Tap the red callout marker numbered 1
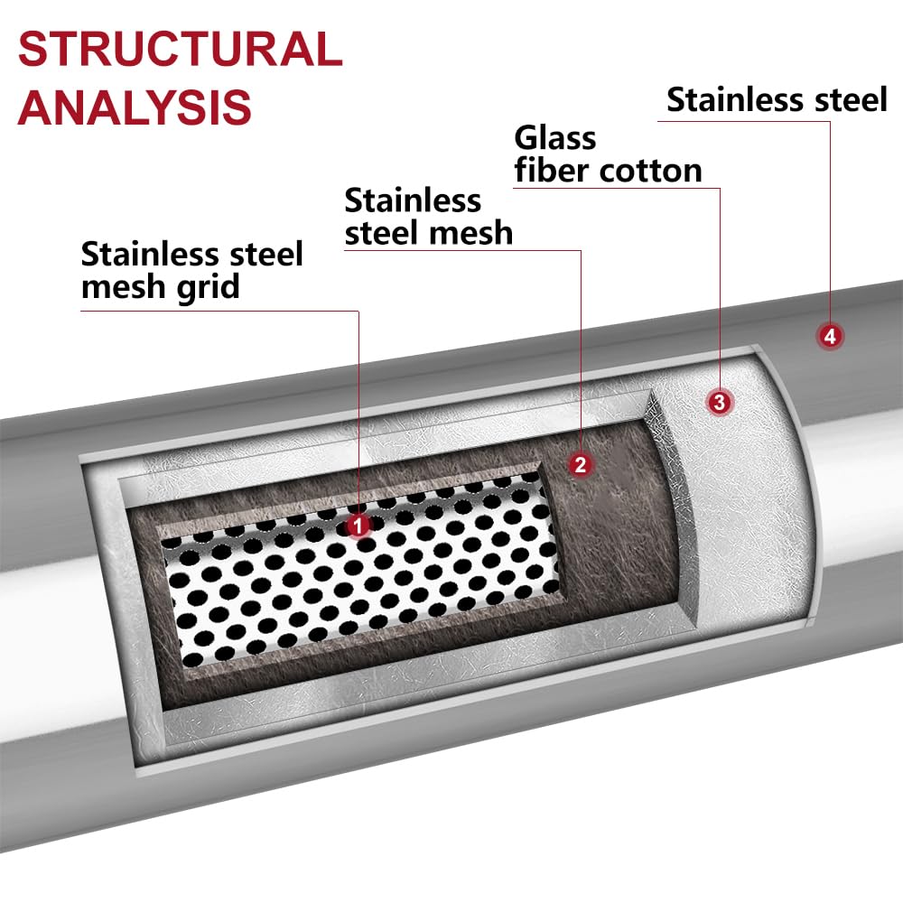coord(359,525)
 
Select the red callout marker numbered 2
coord(580,464)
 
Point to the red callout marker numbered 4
coord(830,337)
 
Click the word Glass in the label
coord(555,138)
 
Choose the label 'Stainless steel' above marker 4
coord(777,100)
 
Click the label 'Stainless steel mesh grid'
coord(191,270)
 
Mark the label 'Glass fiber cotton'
coord(607,154)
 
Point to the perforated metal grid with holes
coord(361,578)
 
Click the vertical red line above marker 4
coord(830,226)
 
